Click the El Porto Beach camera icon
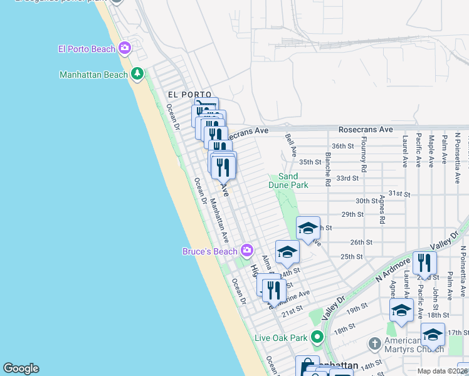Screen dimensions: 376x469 [125, 48]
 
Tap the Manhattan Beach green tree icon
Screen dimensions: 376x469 [137, 74]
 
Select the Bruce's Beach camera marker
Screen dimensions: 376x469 [247, 251]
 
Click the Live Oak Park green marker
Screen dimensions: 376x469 [318, 337]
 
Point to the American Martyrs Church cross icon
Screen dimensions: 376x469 [374, 343]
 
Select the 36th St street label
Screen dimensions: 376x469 [343, 146]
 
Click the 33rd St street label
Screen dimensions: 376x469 [347, 178]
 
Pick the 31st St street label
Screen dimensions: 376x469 [399, 194]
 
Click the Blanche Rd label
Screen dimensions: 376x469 [327, 169]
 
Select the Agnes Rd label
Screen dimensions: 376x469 [382, 209]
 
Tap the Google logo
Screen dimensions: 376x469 [21, 368]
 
